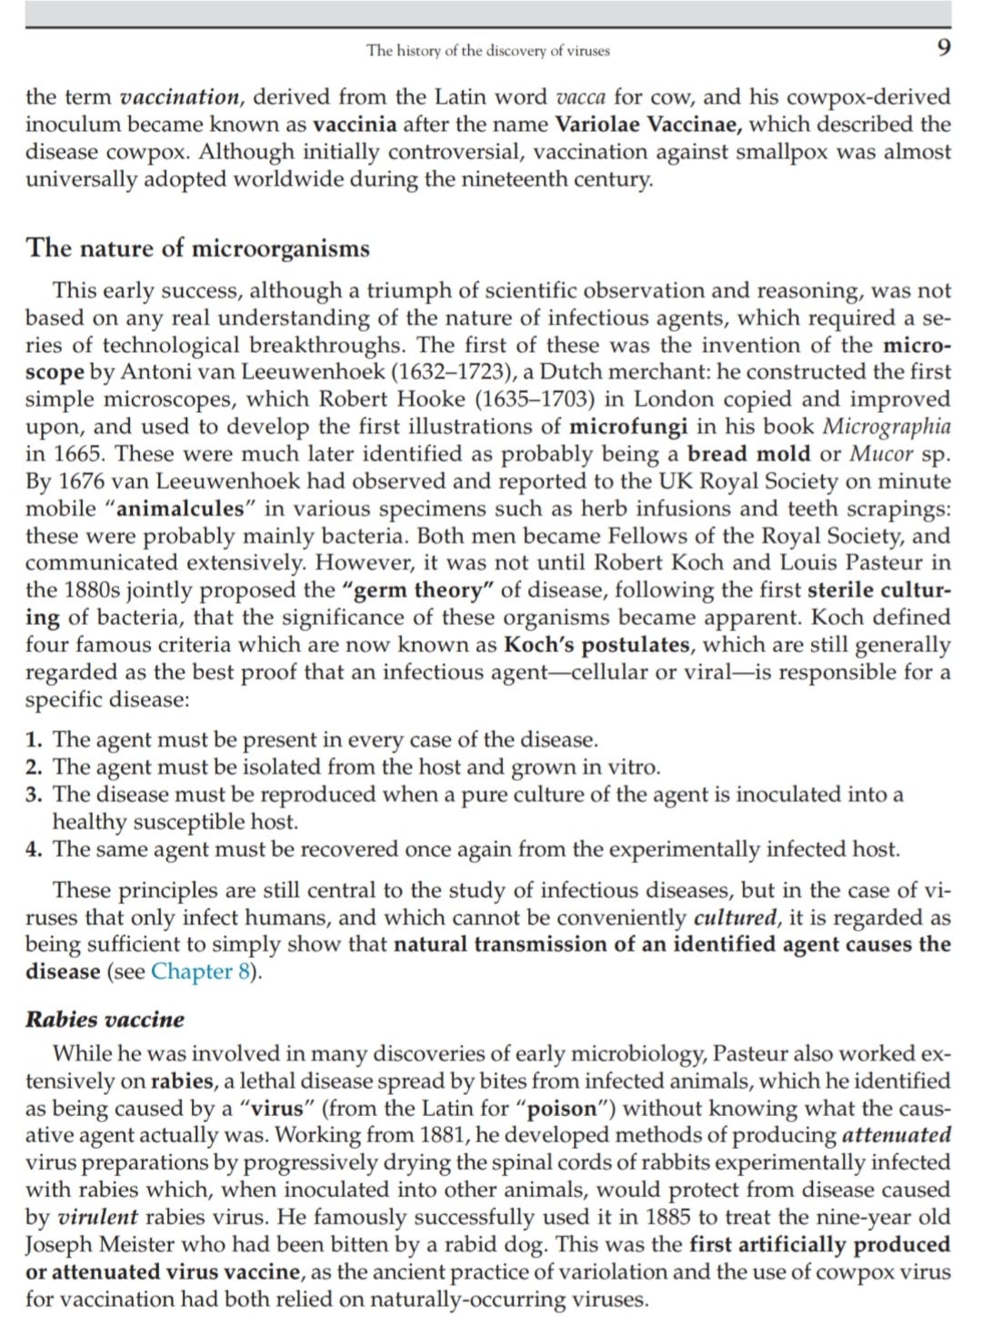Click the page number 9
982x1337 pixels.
pos(944,48)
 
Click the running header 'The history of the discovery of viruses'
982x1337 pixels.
pos(488,51)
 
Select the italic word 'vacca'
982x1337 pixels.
pos(580,97)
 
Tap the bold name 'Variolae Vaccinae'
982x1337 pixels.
pos(647,125)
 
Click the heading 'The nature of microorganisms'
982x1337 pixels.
pos(197,248)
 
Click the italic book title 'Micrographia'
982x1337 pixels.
pos(887,427)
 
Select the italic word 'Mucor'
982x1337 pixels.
pos(880,454)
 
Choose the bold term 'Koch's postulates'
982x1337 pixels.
pos(597,645)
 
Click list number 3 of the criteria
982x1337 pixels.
pos(34,795)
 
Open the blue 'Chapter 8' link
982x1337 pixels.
pos(201,971)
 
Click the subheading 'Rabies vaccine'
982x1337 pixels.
pos(105,1019)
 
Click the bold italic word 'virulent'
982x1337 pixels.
pos(97,1217)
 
